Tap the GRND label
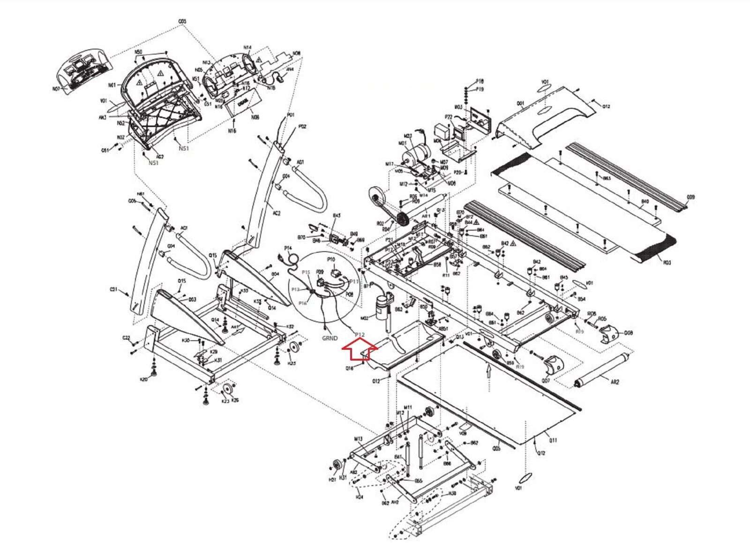coord(330,338)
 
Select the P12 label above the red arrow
coord(360,334)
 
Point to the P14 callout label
coord(288,248)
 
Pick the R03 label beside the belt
coord(666,263)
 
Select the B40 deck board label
coord(645,202)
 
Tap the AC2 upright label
coord(277,213)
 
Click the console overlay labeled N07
coord(56,89)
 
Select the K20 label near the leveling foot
coord(144,379)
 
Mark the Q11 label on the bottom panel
coord(553,441)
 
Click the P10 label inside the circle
coord(331,259)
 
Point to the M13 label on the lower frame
coord(359,439)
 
